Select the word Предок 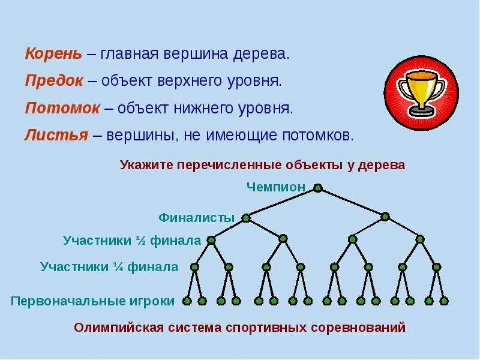click(x=54, y=80)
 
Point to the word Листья click(x=55, y=135)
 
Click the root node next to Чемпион click(x=318, y=188)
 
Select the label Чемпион click(x=276, y=187)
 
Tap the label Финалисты click(x=196, y=218)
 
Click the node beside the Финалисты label click(x=246, y=218)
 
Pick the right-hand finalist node click(x=385, y=217)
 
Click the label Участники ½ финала click(x=131, y=241)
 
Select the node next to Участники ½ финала click(x=211, y=240)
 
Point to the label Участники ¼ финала click(x=109, y=267)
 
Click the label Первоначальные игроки click(x=92, y=301)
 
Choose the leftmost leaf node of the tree click(x=187, y=301)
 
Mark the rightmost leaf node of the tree click(x=444, y=301)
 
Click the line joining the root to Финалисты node click(x=282, y=203)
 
